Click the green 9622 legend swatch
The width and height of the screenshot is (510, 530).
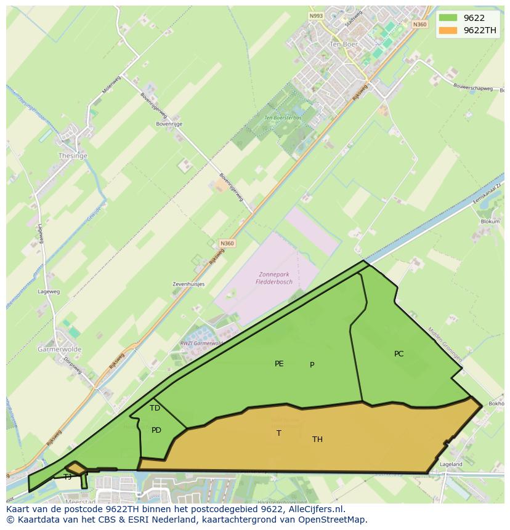click(448, 18)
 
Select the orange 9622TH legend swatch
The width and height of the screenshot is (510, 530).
click(448, 30)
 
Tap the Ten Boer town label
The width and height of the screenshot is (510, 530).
click(344, 44)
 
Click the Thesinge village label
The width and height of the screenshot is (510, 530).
click(73, 156)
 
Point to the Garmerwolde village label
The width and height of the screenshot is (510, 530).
click(59, 349)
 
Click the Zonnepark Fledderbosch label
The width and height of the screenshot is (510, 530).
click(274, 278)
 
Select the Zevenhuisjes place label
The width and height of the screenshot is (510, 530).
click(188, 284)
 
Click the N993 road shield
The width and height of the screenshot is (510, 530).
click(316, 16)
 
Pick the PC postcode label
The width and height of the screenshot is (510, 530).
click(399, 354)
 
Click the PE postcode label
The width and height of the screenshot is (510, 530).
click(279, 364)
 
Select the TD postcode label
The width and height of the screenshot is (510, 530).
click(155, 408)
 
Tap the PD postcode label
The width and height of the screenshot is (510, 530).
click(156, 430)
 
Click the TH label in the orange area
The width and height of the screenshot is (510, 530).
click(317, 440)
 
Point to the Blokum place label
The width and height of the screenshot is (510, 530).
click(490, 222)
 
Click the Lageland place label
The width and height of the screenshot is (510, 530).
click(451, 464)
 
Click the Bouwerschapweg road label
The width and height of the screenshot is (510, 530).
click(473, 89)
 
